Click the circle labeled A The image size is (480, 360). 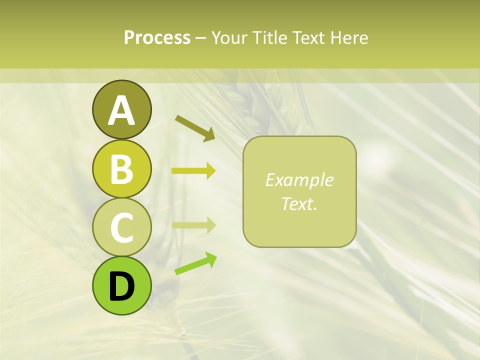pyautogui.click(x=121, y=109)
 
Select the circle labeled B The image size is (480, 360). pyautogui.click(x=121, y=168)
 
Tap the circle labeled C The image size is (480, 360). pyautogui.click(x=121, y=227)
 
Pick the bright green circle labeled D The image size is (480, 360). pyautogui.click(x=121, y=285)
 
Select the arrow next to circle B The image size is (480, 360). pyautogui.click(x=193, y=171)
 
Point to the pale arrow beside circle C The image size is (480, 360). pyautogui.click(x=193, y=225)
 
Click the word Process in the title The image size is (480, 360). pyautogui.click(x=157, y=37)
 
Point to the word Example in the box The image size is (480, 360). pyautogui.click(x=299, y=180)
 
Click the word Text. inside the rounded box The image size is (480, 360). pyautogui.click(x=299, y=203)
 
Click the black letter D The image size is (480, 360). pyautogui.click(x=121, y=286)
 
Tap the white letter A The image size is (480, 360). pyautogui.click(x=121, y=110)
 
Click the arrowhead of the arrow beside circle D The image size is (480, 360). pyautogui.click(x=210, y=259)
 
